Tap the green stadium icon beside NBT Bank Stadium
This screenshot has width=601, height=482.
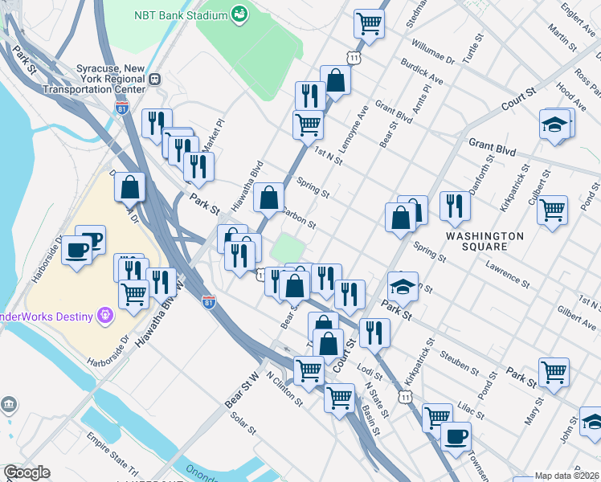tap(239, 14)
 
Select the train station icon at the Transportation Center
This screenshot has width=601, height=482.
tap(155, 80)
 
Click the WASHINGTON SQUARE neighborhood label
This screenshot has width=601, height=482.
tap(484, 241)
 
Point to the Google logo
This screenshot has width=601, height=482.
tap(27, 472)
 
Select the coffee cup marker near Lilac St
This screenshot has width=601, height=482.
tap(456, 436)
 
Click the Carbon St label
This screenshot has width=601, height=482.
tap(299, 219)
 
